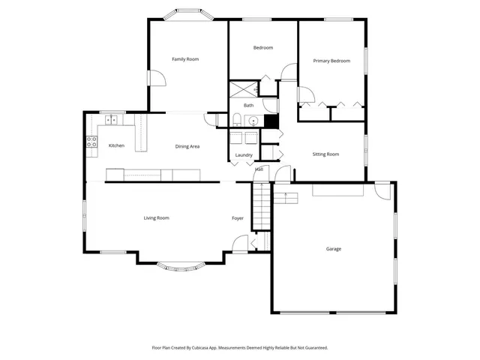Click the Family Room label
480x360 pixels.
(185, 59)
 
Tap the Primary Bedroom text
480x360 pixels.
(331, 61)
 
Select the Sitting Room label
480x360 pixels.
(325, 154)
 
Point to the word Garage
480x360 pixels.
(334, 249)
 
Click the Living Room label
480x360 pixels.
(157, 218)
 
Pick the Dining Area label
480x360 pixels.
(187, 146)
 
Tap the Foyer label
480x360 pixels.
(237, 218)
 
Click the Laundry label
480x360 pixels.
(244, 155)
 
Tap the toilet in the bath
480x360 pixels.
(235, 119)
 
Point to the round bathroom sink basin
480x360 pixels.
(254, 120)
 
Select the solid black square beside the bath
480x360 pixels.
(271, 120)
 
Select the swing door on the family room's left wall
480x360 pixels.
(154, 78)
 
